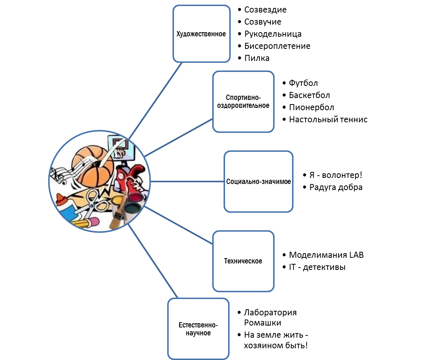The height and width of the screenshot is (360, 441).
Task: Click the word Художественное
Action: click(201, 34)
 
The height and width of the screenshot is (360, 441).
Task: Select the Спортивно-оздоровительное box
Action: click(243, 101)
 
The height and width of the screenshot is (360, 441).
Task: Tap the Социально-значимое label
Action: click(258, 181)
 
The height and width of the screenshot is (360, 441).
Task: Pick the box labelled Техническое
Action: click(243, 261)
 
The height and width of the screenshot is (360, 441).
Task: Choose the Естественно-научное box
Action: click(198, 329)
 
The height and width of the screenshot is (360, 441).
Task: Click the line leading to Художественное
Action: click(155, 100)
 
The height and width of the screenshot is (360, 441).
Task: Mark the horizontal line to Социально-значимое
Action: click(187, 181)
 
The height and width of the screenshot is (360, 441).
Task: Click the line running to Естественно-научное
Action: click(153, 261)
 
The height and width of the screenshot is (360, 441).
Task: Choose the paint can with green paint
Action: click(132, 209)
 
